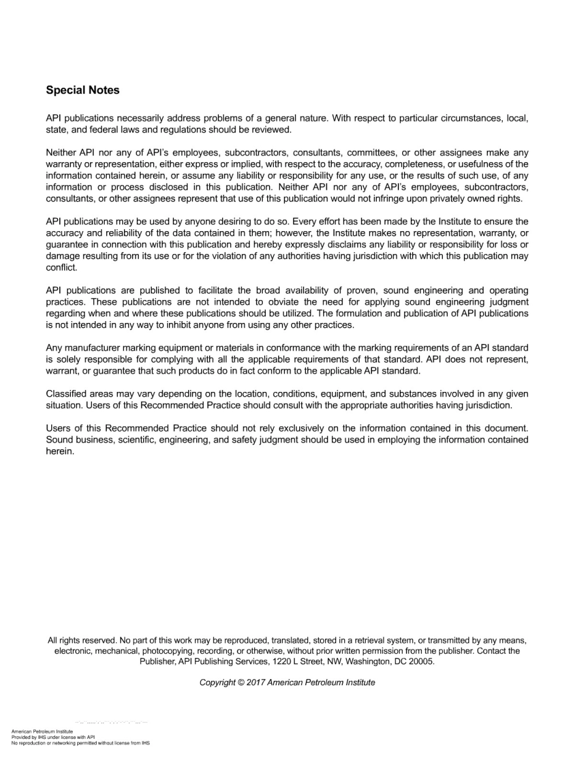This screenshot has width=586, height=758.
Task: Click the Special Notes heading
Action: [83, 91]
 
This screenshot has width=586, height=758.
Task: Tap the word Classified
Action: [67, 394]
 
